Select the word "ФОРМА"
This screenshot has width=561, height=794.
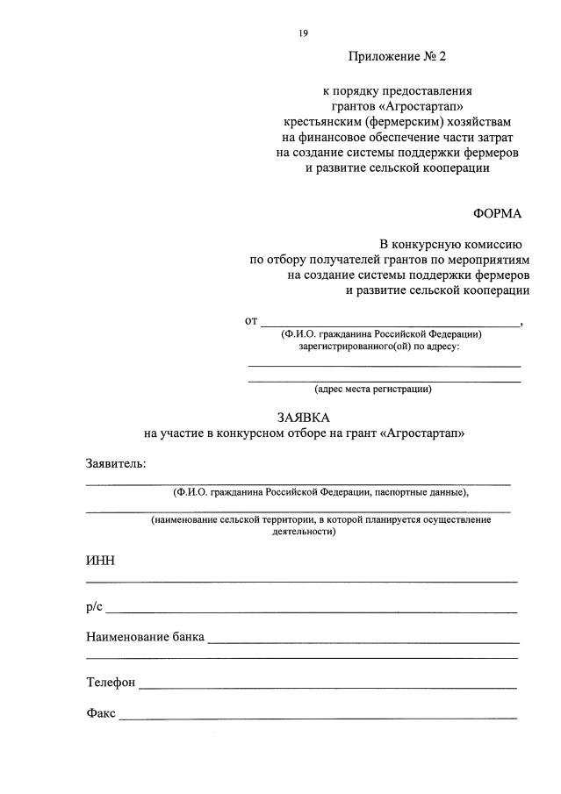(497, 214)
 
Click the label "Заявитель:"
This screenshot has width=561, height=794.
(116, 462)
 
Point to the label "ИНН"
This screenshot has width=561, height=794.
(100, 561)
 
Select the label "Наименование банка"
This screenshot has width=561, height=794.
(145, 637)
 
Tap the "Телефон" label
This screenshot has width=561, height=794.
(111, 682)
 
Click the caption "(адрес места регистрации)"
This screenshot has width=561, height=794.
(373, 389)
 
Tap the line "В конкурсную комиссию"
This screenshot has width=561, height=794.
(451, 244)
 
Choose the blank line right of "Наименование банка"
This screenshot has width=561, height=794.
(363, 642)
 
